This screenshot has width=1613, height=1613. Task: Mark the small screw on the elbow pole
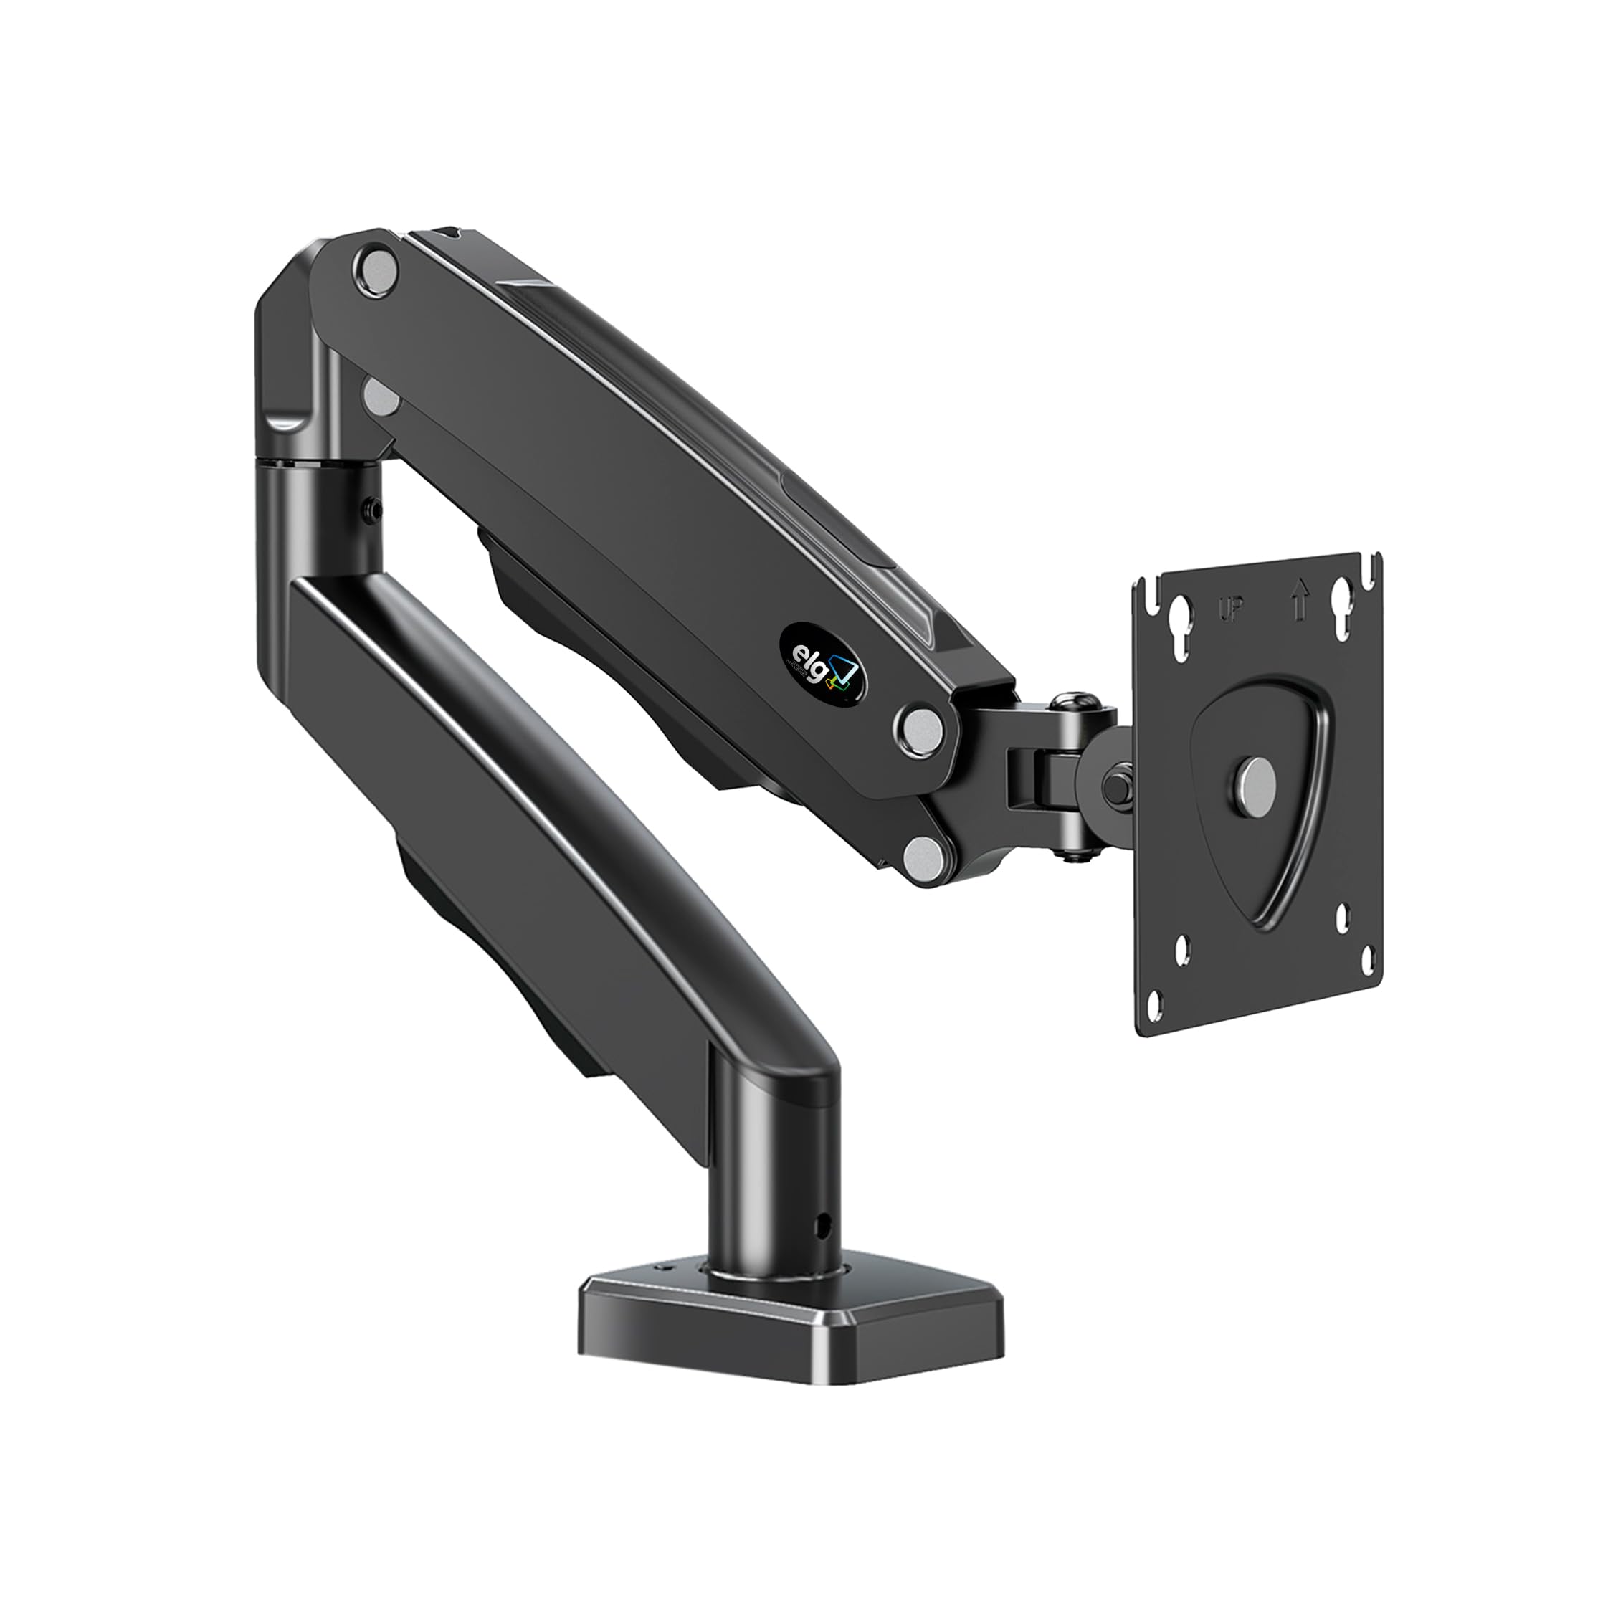click(371, 508)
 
